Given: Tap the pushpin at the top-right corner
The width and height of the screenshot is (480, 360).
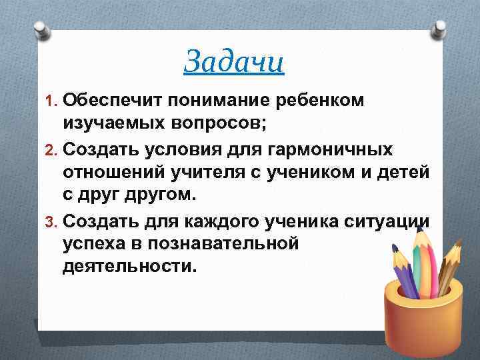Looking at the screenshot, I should pos(441,28).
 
